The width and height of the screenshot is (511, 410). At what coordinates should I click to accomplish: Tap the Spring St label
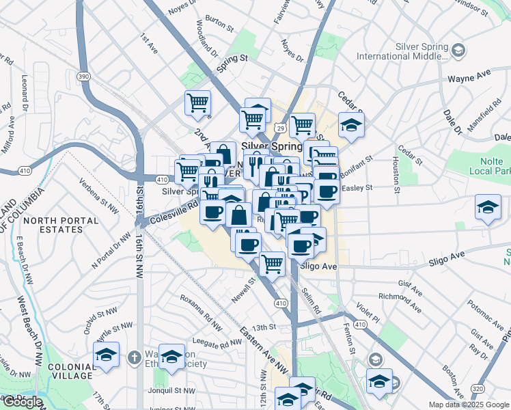232,64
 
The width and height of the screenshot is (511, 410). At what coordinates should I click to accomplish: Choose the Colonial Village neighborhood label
72,370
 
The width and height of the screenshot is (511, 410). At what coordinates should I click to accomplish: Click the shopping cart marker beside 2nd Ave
197,103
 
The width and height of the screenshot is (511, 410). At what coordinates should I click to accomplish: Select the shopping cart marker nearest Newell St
272,262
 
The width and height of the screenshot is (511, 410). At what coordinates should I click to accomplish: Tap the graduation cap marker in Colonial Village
106,355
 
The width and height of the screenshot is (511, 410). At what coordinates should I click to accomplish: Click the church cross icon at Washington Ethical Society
135,357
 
